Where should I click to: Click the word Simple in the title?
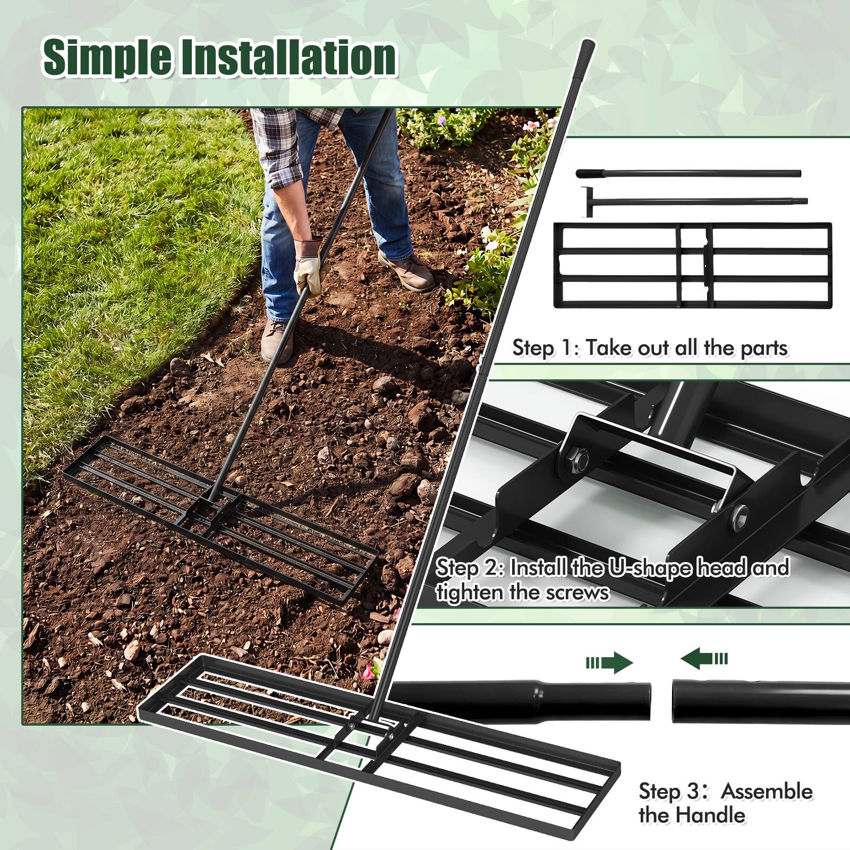pyautogui.click(x=108, y=58)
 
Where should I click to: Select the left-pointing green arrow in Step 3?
pyautogui.click(x=704, y=659)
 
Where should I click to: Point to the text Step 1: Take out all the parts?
pyautogui.click(x=650, y=348)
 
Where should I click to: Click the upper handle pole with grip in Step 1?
pyautogui.click(x=688, y=173)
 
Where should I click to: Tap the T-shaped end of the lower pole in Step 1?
pyautogui.click(x=587, y=201)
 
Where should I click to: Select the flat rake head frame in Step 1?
pyautogui.click(x=692, y=265)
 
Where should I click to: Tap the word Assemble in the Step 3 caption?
pyautogui.click(x=767, y=791)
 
